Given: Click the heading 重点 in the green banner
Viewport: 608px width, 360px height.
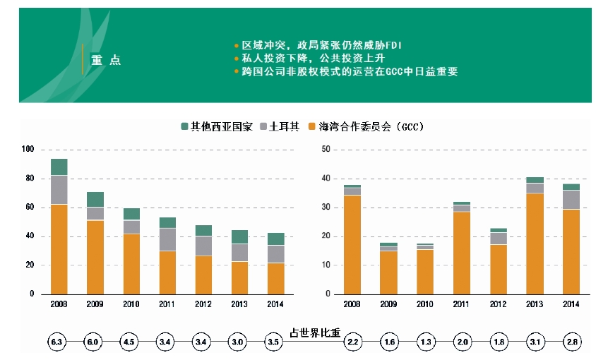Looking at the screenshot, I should click(x=106, y=61).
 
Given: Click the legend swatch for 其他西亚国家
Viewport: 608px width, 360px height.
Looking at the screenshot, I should click(x=186, y=126).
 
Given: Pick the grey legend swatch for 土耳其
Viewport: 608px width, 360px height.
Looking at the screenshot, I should click(x=265, y=126).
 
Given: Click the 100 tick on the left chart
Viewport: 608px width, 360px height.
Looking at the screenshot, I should click(x=28, y=150).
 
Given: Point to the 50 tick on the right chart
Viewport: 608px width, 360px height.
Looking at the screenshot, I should click(x=326, y=150).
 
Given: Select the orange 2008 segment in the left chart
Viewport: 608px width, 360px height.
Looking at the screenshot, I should click(x=59, y=248).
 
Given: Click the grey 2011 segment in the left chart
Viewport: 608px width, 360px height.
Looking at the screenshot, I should click(x=167, y=239).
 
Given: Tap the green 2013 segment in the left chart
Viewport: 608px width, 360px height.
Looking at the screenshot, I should click(x=240, y=236).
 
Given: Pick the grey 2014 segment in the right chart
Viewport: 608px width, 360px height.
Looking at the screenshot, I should click(x=571, y=200).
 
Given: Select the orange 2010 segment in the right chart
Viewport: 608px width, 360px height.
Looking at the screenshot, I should click(x=425, y=272).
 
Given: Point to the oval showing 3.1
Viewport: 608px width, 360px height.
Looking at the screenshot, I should click(x=535, y=342).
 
